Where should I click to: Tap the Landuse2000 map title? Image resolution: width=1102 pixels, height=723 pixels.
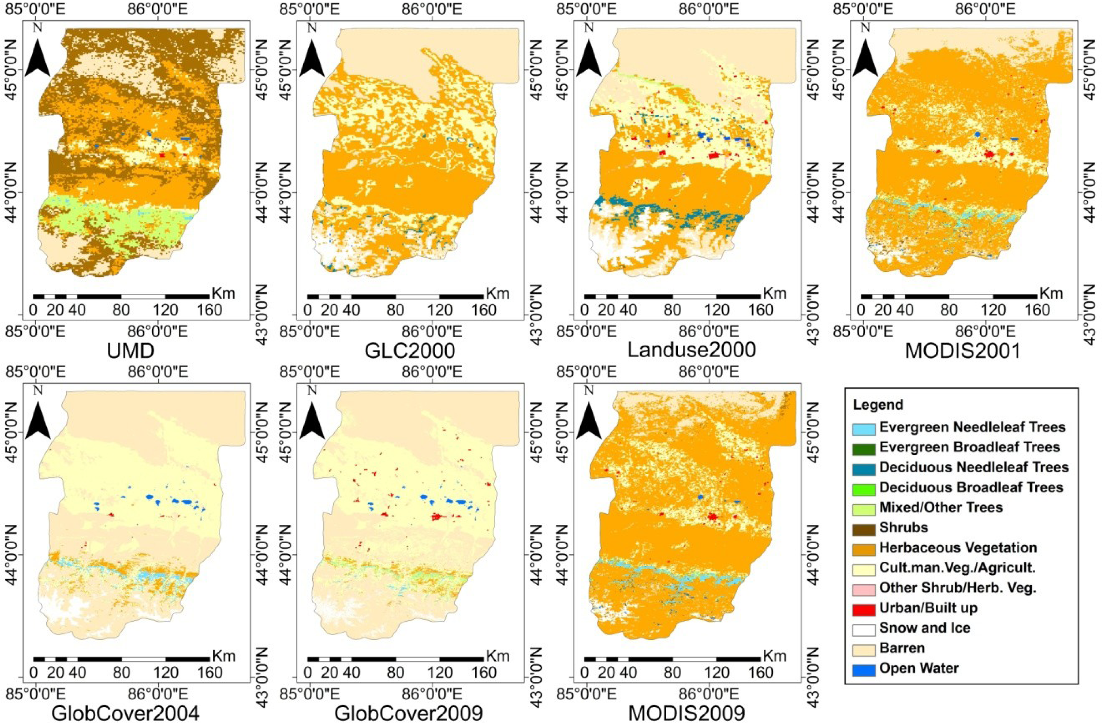[692, 350]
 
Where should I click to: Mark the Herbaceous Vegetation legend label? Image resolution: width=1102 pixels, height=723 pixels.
[958, 547]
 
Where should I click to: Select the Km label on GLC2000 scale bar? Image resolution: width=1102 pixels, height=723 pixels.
[498, 293]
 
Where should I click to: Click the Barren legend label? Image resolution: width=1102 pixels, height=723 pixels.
[902, 648]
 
